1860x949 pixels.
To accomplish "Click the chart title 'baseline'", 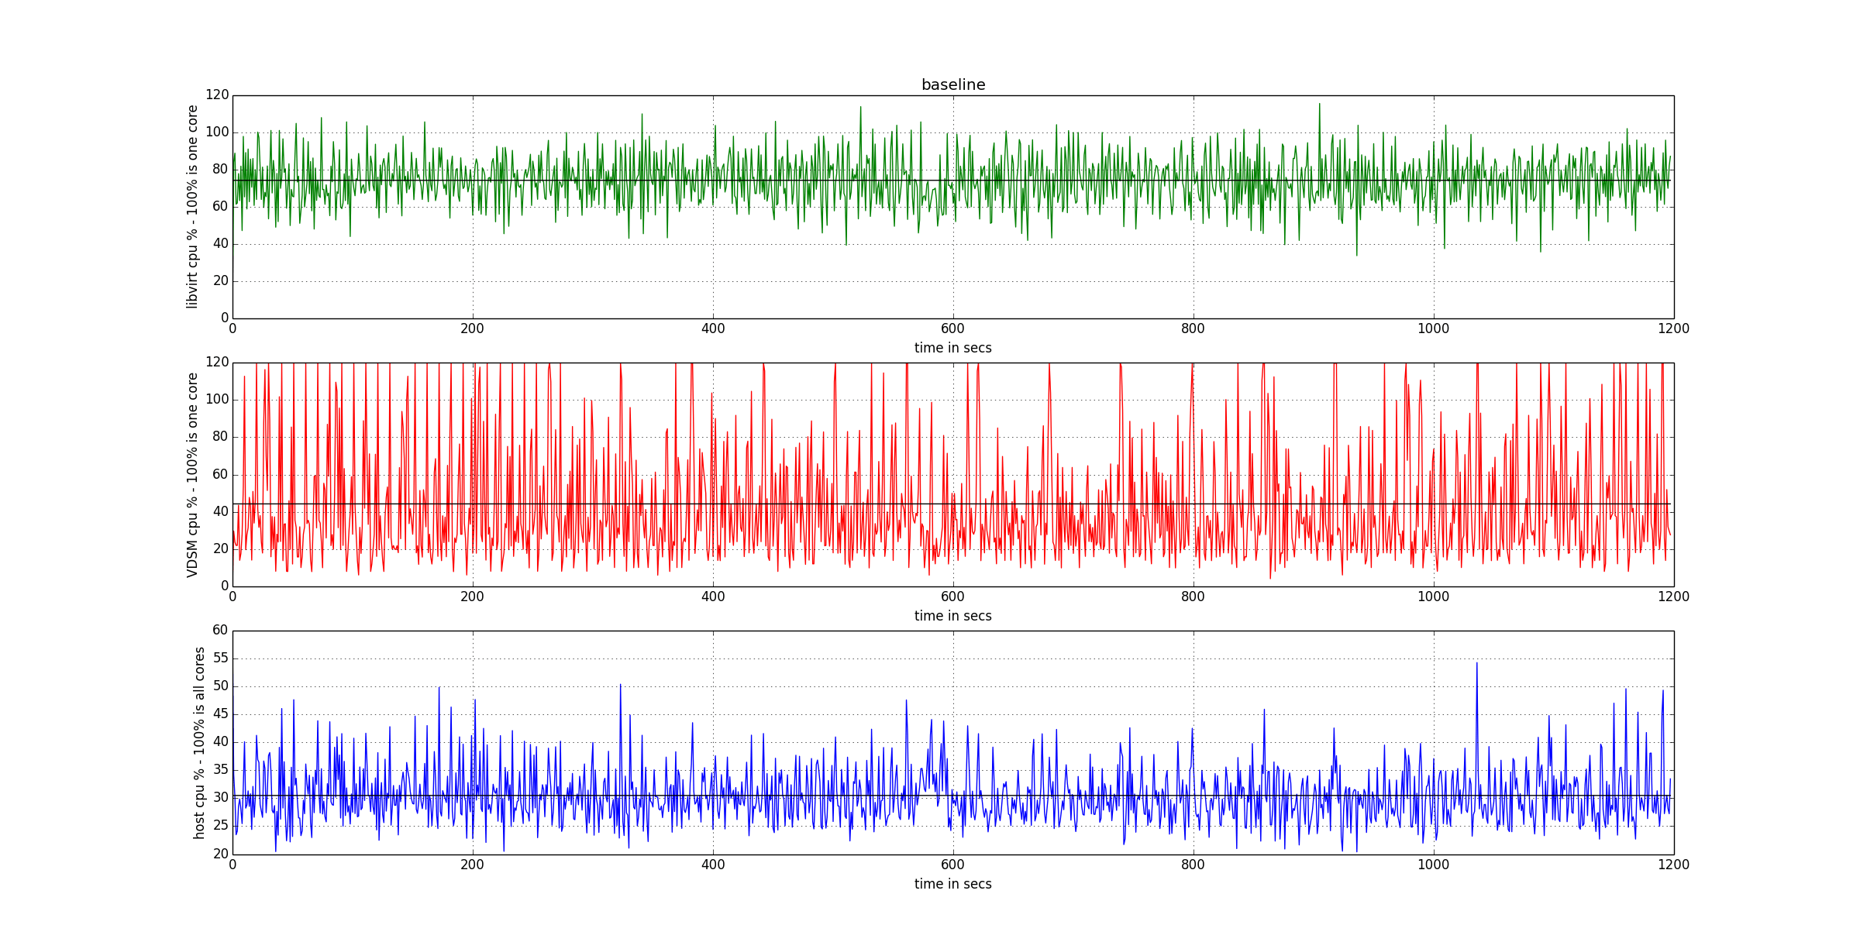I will [x=952, y=84].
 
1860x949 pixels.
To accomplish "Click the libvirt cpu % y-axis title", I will [x=192, y=207].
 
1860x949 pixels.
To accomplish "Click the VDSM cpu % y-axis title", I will [x=192, y=475].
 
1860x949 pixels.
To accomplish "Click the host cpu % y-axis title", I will [x=199, y=743].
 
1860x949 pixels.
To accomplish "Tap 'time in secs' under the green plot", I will [x=952, y=348].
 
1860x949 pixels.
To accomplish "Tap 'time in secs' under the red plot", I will [x=952, y=616].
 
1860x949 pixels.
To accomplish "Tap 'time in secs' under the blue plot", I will [x=952, y=884].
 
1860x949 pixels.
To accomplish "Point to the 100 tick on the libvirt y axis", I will [x=217, y=132].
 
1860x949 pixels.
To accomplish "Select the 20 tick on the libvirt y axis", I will [x=221, y=280].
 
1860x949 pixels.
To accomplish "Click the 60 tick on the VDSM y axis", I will [x=221, y=474].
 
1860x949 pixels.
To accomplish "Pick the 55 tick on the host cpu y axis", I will [x=221, y=658].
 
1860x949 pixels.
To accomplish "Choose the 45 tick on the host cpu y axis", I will [x=221, y=714].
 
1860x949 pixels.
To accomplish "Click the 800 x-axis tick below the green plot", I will [x=1193, y=328].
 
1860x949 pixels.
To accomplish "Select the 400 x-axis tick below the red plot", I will [x=713, y=597].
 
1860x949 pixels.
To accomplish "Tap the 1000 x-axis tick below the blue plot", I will [x=1433, y=865].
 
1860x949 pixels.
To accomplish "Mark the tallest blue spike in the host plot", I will [x=1476, y=664].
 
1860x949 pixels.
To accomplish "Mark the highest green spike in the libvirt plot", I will [x=1319, y=105].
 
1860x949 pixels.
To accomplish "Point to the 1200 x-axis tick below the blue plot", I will [x=1673, y=865].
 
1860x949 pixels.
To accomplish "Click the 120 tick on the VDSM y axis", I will [x=217, y=362].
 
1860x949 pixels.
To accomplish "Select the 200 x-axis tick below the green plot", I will [x=472, y=328].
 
